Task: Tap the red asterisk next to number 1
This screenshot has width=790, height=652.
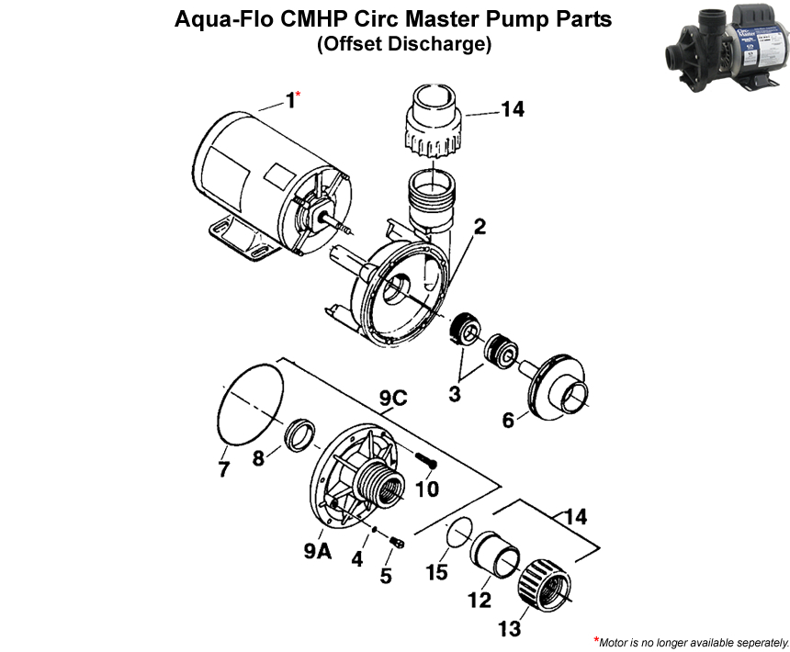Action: tap(299, 95)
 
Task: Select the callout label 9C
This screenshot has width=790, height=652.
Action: tap(392, 400)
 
